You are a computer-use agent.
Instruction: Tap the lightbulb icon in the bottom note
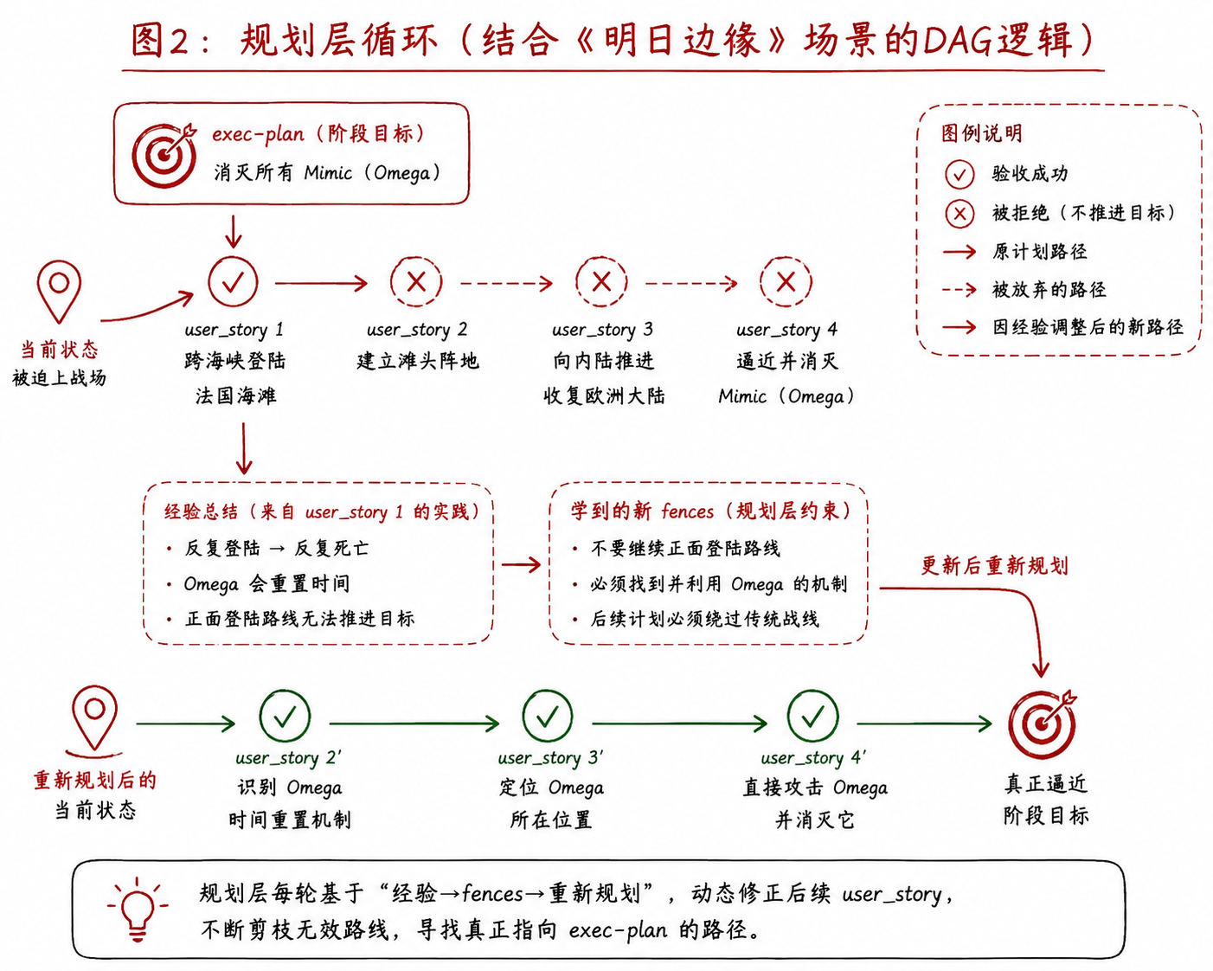[138, 909]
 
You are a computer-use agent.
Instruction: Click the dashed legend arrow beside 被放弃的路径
[959, 290]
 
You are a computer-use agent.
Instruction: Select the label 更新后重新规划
[994, 565]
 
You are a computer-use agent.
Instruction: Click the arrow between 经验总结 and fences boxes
[521, 564]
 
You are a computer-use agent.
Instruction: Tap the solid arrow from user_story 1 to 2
[321, 282]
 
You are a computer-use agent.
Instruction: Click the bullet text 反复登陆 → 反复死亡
[276, 548]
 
